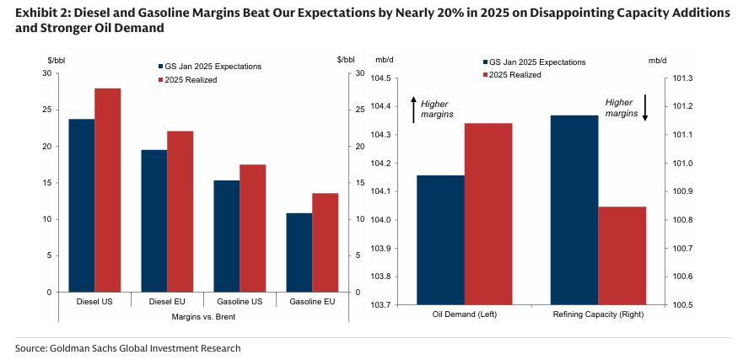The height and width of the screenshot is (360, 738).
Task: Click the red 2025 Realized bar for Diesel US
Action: pyautogui.click(x=107, y=190)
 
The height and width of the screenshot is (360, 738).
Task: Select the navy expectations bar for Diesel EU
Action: pyautogui.click(x=154, y=221)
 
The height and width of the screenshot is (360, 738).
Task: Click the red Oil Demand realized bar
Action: pyautogui.click(x=488, y=213)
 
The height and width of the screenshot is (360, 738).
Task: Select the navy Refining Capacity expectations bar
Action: pyautogui.click(x=574, y=209)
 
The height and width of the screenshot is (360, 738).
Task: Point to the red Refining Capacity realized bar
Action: pyautogui.click(x=622, y=255)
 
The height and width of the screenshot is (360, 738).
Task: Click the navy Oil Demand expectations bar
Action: pyautogui.click(x=440, y=239)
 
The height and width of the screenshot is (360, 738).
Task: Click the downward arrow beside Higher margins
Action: pyautogui.click(x=644, y=107)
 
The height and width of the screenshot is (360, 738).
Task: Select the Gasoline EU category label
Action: pyautogui.click(x=312, y=302)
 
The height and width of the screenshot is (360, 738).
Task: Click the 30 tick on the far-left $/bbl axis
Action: pyautogui.click(x=46, y=73)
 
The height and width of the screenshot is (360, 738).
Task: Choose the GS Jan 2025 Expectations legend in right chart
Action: pyautogui.click(x=537, y=62)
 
